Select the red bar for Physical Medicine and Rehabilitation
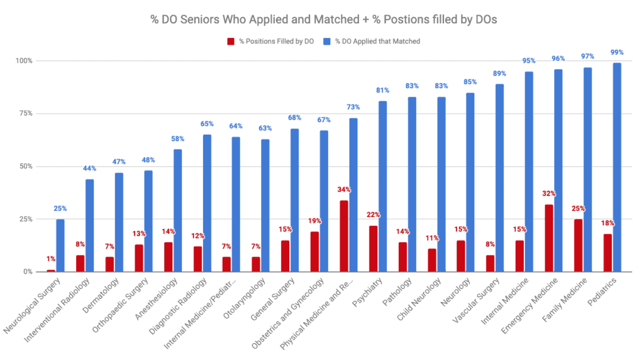[343, 236]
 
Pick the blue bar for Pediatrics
[617, 167]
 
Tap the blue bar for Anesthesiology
[177, 210]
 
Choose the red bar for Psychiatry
[373, 249]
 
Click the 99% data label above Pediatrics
[617, 53]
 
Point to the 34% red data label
[343, 190]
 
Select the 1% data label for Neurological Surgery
[50, 259]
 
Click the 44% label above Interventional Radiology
[89, 169]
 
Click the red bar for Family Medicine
[577, 245]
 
